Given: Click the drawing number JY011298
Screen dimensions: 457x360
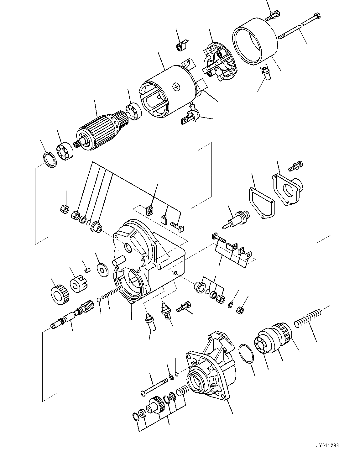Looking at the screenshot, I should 327,445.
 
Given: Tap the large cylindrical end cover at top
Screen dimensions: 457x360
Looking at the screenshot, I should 255,45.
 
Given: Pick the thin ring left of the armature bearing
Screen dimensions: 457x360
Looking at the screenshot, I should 50,159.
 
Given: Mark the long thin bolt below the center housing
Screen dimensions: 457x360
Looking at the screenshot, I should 155,386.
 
